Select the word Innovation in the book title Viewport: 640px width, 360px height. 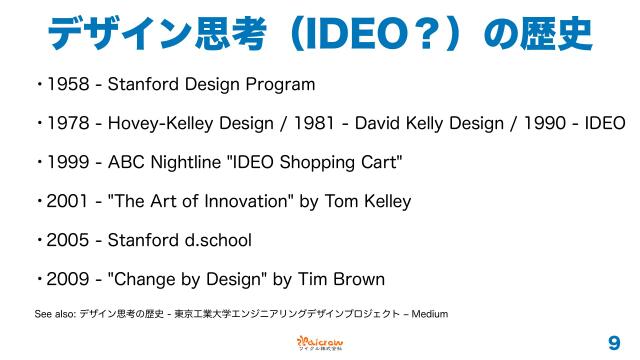[244, 201]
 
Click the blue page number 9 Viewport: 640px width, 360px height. [613, 342]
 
